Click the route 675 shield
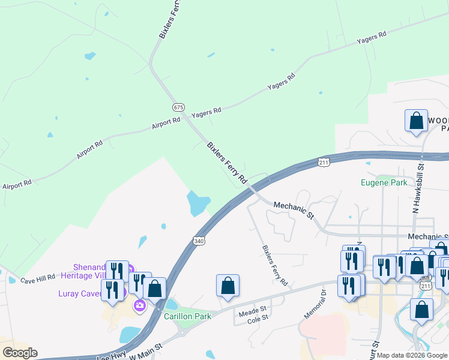(x=178, y=107)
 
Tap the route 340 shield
(x=199, y=241)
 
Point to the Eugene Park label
(x=384, y=182)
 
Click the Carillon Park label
(x=188, y=316)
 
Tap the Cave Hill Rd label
(x=38, y=280)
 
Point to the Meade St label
(x=253, y=310)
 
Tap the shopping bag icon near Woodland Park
(x=416, y=121)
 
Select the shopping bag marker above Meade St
(x=228, y=286)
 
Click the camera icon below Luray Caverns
(x=140, y=306)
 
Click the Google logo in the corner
(x=19, y=353)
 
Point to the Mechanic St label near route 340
(x=294, y=209)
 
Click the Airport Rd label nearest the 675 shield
(x=166, y=122)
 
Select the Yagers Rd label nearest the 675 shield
(x=206, y=112)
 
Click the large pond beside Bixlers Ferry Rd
(x=198, y=203)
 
